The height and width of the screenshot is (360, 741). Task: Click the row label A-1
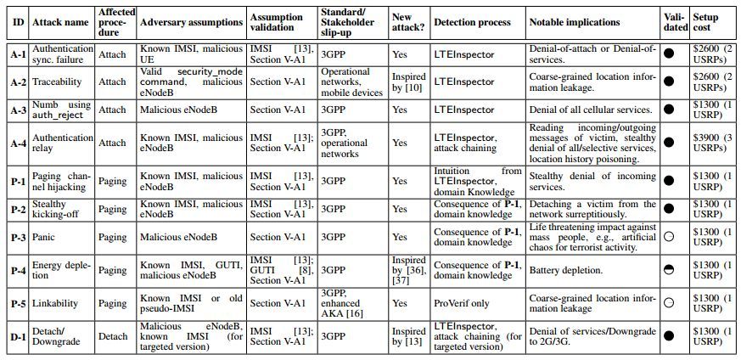pos(18,54)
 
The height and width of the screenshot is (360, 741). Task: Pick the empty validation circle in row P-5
pos(669,301)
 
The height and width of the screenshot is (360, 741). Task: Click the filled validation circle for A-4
pos(669,141)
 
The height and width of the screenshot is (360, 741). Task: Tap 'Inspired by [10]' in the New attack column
pos(408,82)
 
